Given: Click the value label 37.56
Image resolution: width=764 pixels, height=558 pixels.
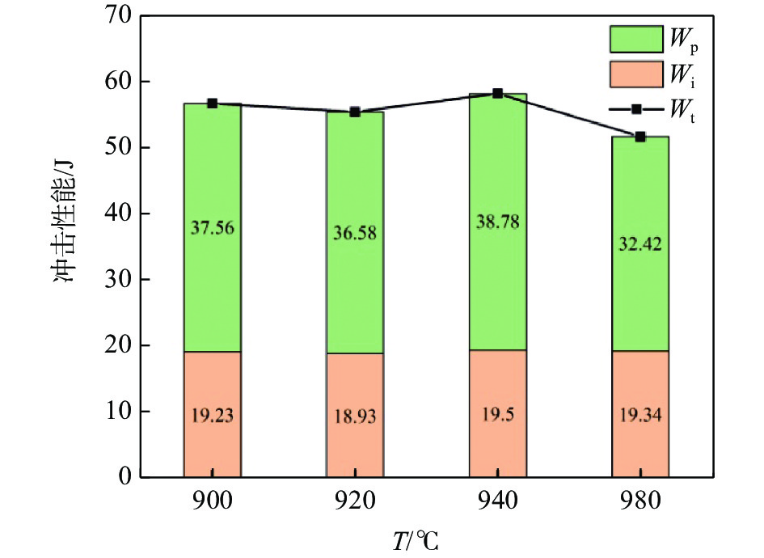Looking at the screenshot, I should [x=212, y=227].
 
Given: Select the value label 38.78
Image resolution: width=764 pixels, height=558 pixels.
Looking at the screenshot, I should [x=497, y=221].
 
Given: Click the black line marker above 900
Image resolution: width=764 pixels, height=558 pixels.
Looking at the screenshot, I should [x=212, y=104].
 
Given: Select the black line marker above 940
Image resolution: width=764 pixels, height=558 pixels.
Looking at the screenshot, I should [x=497, y=93].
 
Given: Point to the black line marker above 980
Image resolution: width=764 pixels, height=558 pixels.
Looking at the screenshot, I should [x=639, y=137].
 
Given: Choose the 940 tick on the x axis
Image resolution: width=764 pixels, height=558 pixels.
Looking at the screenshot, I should [x=497, y=500].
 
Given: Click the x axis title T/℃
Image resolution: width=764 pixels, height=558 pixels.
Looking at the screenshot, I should [x=416, y=539].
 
